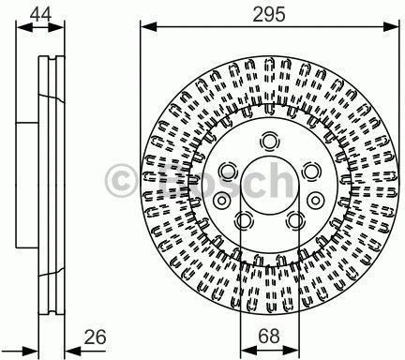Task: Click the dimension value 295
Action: (x=269, y=14)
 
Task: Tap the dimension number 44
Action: (x=41, y=14)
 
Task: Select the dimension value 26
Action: (x=95, y=337)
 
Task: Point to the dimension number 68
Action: (x=269, y=337)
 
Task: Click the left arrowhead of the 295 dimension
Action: (x=148, y=27)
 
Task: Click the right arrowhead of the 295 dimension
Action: (x=391, y=27)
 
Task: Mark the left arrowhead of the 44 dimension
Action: (x=24, y=28)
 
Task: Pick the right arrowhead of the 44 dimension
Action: (x=56, y=28)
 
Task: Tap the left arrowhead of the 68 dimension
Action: (x=249, y=350)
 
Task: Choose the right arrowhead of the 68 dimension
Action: (x=292, y=350)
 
